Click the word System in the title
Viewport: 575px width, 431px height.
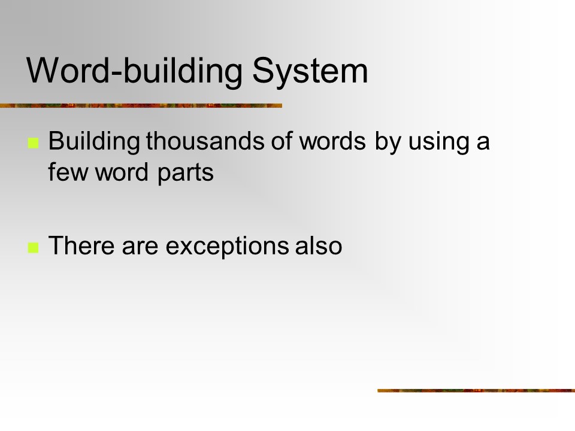tap(310, 72)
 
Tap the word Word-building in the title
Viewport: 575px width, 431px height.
tap(135, 71)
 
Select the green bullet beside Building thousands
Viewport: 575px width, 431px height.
tap(34, 143)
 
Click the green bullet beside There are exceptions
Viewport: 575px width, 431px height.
tap(34, 248)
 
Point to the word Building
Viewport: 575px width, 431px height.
tap(94, 142)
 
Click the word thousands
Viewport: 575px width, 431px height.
tap(205, 141)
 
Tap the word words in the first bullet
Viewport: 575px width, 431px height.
tap(332, 141)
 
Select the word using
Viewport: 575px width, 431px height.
tap(438, 142)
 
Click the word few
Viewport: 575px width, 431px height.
tap(68, 172)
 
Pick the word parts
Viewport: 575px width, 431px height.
tap(186, 173)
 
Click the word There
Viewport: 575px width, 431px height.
tap(81, 245)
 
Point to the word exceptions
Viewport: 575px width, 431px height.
tap(227, 247)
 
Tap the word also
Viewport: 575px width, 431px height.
tap(319, 245)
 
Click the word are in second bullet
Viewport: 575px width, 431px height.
tap(140, 247)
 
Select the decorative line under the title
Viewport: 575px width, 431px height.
tap(141, 105)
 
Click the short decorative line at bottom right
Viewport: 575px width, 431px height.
tap(476, 391)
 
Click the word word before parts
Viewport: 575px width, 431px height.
tap(122, 172)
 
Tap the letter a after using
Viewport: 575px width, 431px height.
tap(483, 144)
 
